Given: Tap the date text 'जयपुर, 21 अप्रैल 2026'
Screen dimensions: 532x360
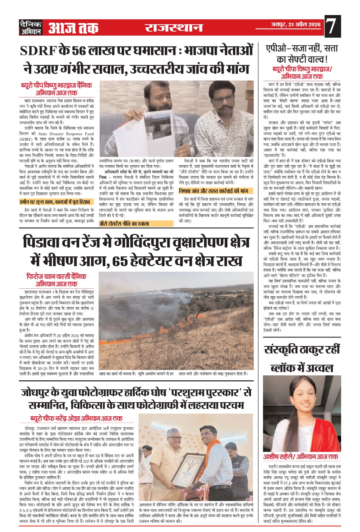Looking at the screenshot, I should click(295, 24).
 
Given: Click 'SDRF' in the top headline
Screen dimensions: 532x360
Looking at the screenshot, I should click(39, 51).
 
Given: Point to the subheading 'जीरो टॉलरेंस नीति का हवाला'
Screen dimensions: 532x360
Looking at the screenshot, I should click(124, 224).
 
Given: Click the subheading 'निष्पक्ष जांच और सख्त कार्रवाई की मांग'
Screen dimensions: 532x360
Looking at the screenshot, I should click(213, 191).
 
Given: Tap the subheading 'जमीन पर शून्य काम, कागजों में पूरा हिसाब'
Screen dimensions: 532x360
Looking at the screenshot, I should click(55, 201).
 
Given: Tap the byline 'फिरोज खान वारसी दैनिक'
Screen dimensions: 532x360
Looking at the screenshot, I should click(56, 276).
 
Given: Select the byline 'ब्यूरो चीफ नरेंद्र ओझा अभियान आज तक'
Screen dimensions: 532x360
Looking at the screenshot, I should click(76, 418).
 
